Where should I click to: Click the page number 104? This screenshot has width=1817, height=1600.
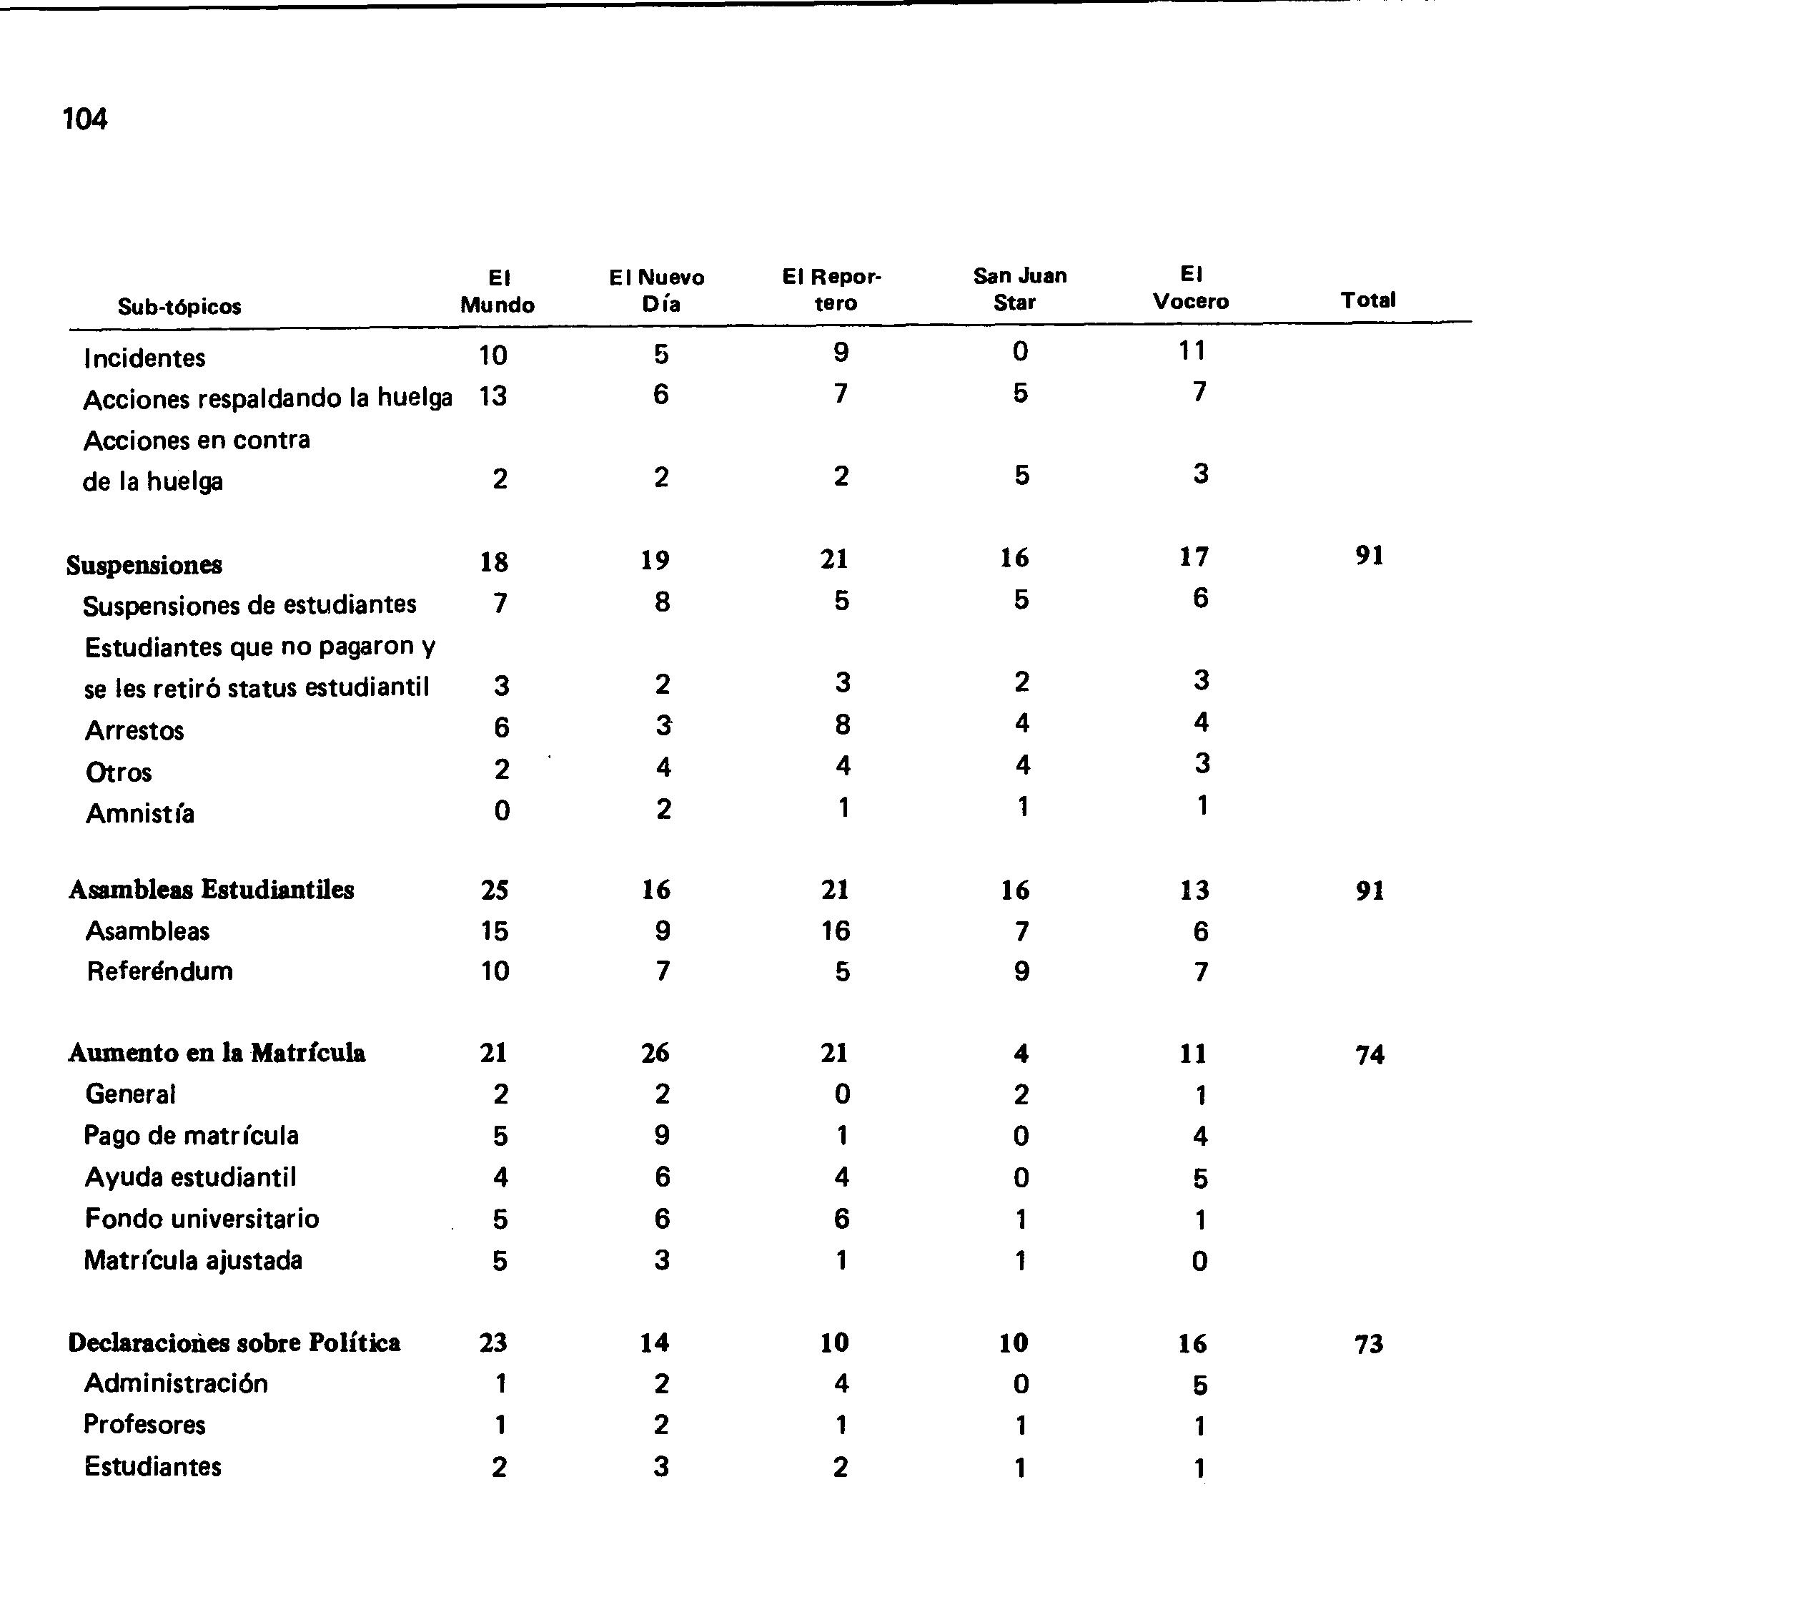pos(84,118)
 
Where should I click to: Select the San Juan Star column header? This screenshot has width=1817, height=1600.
pos(1019,288)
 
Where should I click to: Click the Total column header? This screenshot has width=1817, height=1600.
pos(1367,300)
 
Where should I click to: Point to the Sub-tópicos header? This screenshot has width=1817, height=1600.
pos(179,306)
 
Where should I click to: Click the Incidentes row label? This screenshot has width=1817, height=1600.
pos(144,358)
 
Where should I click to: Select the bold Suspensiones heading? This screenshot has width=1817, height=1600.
pos(144,565)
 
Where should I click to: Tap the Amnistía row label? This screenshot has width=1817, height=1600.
pos(139,813)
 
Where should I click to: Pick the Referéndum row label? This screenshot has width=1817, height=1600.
pos(159,971)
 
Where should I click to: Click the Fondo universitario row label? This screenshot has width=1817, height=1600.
pos(202,1219)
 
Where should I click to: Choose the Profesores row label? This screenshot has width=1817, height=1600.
pos(144,1424)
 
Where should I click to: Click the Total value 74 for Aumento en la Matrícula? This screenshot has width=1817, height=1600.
pos(1369,1055)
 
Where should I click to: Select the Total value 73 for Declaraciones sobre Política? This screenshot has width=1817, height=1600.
pos(1368,1344)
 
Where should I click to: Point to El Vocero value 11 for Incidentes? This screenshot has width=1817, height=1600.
pos(1192,351)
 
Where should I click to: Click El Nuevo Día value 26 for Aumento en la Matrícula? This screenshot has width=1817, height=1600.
pos(655,1053)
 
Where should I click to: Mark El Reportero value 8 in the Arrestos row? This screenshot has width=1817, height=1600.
pos(842,725)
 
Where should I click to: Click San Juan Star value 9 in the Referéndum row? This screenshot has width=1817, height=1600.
pos(1021,971)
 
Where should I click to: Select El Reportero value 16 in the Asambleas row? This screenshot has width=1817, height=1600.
pos(835,931)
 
